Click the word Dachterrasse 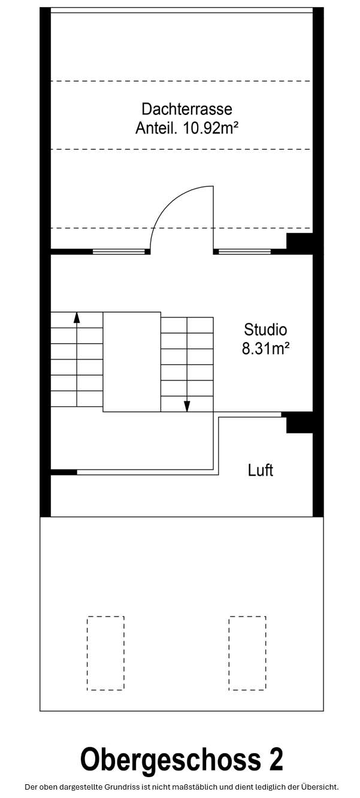pos(186,109)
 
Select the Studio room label pos(265,330)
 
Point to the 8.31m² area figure pos(265,349)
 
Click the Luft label pos(261,470)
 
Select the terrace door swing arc pos(171,204)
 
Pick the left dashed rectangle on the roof pos(105,653)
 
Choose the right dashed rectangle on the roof pos(247,653)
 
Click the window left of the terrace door pos(119,252)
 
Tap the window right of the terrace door pos(244,252)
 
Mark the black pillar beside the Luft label pos(299,422)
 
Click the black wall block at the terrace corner pos(300,243)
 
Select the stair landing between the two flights pos(132,361)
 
